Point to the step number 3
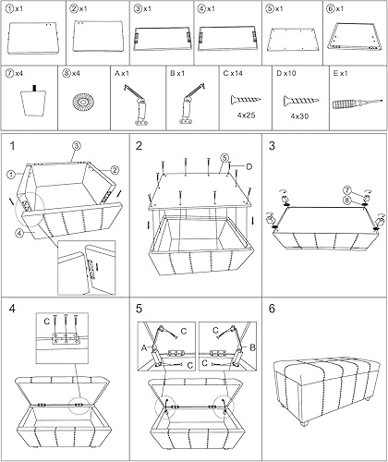tap(272, 147)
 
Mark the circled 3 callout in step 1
tap(77, 147)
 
